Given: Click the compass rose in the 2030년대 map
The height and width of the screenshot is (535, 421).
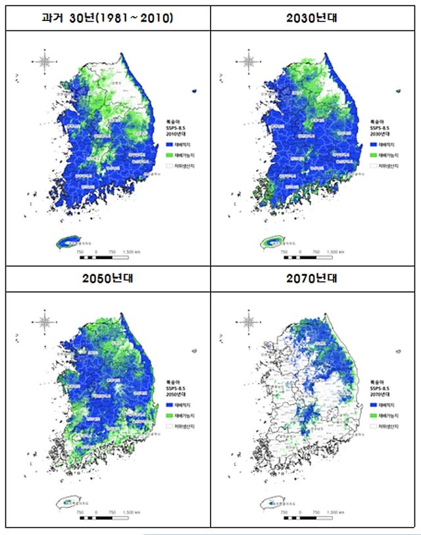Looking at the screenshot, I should click(x=249, y=63).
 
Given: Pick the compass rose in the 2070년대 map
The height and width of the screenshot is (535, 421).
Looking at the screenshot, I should click(x=249, y=322).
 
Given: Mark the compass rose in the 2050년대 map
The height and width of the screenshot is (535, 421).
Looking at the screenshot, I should click(x=45, y=322).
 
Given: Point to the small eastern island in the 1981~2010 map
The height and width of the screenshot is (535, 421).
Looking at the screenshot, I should click(x=194, y=91).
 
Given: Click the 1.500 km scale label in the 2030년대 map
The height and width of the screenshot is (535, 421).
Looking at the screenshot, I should click(x=335, y=251).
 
